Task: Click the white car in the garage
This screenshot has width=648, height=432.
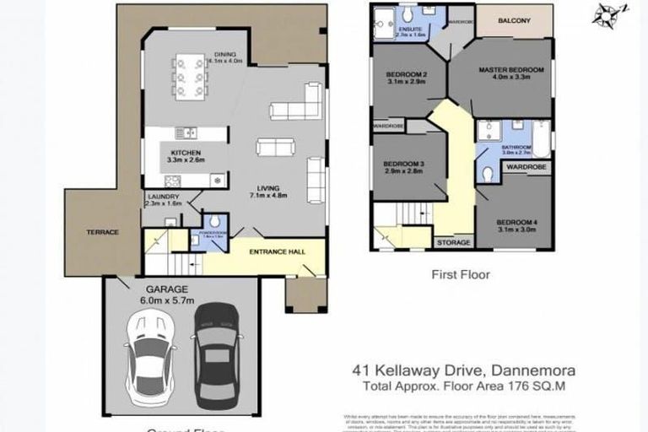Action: [148, 354]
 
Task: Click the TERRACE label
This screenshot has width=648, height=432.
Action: [102, 232]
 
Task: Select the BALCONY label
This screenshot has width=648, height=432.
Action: [514, 20]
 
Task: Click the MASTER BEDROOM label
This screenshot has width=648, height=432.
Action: [511, 69]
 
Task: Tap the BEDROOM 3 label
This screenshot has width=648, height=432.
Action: [402, 164]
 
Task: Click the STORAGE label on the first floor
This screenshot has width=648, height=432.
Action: [454, 243]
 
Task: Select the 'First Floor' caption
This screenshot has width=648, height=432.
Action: [461, 274]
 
